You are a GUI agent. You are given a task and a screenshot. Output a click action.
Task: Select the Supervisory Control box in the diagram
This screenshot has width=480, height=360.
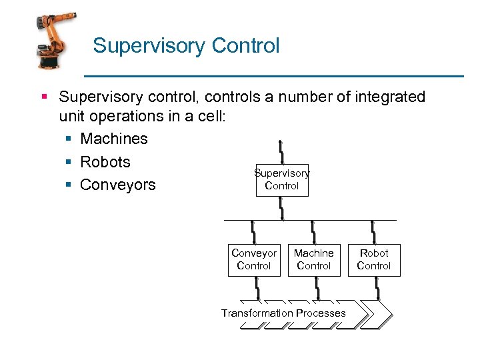(282, 180)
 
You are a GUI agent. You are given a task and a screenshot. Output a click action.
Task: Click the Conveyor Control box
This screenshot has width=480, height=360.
(254, 259)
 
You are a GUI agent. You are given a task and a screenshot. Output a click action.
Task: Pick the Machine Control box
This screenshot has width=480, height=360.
(314, 259)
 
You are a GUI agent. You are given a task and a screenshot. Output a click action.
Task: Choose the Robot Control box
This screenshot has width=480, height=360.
(374, 259)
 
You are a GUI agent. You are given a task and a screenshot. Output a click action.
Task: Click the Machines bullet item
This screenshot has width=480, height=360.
(113, 139)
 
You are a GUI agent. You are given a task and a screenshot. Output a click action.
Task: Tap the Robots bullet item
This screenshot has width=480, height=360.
(105, 162)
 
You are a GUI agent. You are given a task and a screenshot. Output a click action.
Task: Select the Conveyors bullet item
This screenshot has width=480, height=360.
(117, 185)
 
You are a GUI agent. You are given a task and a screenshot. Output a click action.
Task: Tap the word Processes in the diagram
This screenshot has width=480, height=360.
(321, 313)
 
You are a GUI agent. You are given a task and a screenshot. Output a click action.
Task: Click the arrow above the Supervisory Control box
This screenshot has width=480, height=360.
(282, 152)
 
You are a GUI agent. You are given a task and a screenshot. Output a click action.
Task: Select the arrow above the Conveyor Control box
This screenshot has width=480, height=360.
(254, 232)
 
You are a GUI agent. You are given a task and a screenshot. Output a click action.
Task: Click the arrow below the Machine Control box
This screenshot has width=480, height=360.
(317, 288)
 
